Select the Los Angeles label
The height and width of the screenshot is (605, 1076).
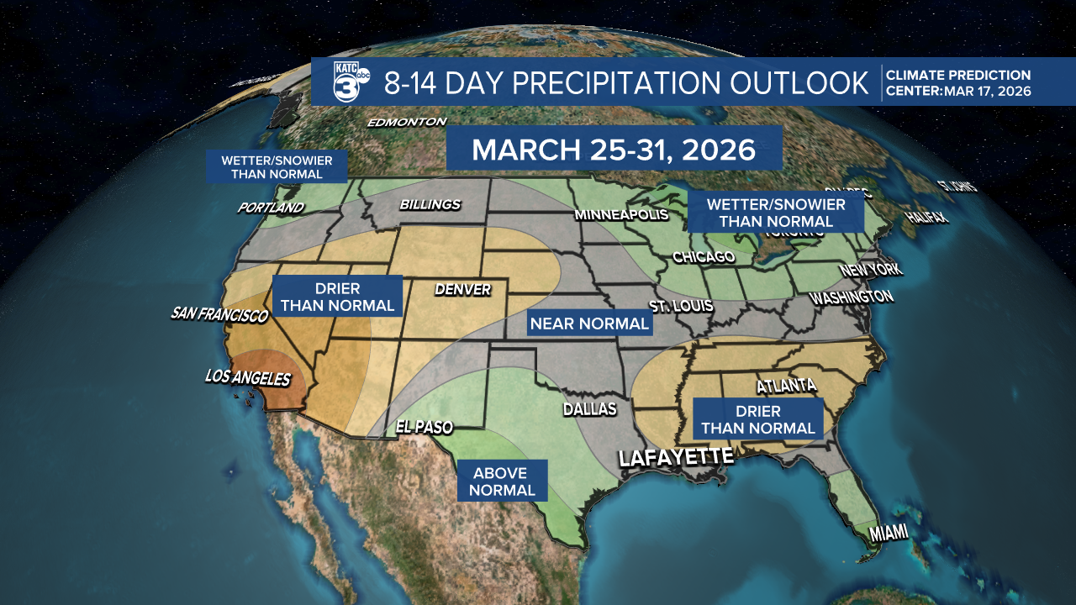[248, 378]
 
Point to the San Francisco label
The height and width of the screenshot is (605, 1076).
[219, 313]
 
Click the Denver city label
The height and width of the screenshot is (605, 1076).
[462, 289]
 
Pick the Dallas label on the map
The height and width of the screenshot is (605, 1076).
[589, 409]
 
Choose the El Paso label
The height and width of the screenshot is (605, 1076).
[424, 427]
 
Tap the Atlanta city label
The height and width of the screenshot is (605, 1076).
[786, 386]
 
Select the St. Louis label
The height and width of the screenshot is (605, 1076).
[681, 306]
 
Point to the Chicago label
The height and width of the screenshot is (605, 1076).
[704, 256]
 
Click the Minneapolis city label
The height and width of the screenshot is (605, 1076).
[621, 215]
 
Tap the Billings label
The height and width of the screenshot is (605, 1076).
[430, 204]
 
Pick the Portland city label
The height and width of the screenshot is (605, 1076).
[270, 208]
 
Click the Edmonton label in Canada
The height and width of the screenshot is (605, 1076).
[407, 122]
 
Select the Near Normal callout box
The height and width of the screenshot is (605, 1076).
[589, 323]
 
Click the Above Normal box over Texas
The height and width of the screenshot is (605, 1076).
[503, 481]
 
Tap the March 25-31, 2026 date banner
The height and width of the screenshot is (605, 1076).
[614, 149]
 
